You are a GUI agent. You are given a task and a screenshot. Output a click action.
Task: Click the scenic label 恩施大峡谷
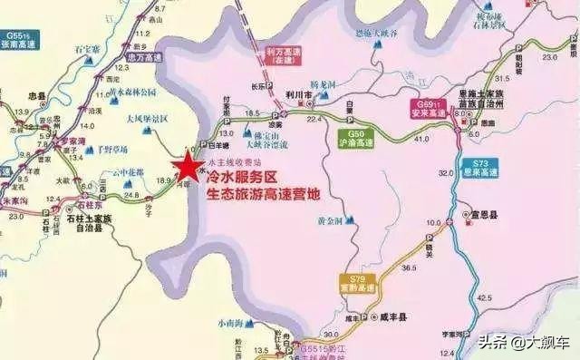374,34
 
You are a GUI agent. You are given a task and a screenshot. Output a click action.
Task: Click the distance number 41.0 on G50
394,141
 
